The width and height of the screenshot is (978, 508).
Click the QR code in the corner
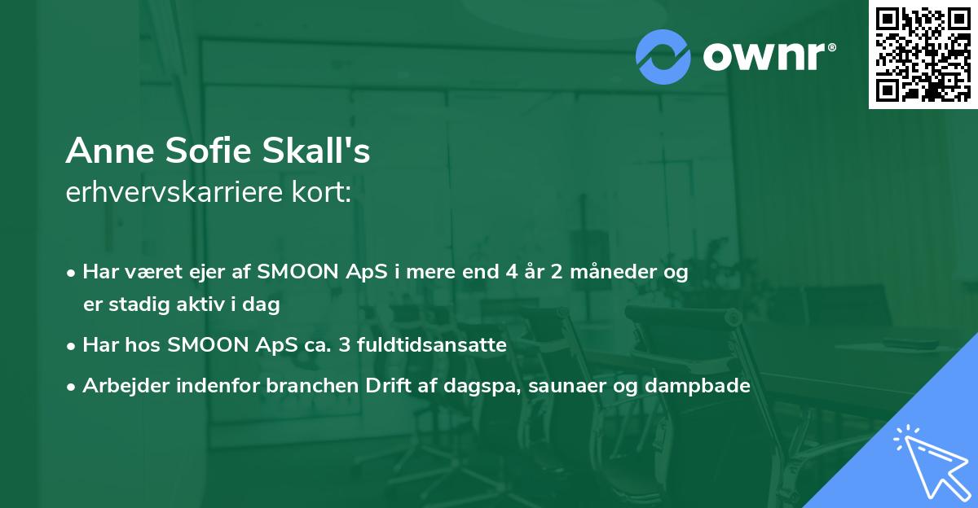point(923,54)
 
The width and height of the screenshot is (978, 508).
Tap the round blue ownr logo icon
point(663,57)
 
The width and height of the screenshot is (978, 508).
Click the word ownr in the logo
point(763,57)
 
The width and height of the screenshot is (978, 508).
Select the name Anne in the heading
point(104,151)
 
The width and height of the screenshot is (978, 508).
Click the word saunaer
point(563,386)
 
